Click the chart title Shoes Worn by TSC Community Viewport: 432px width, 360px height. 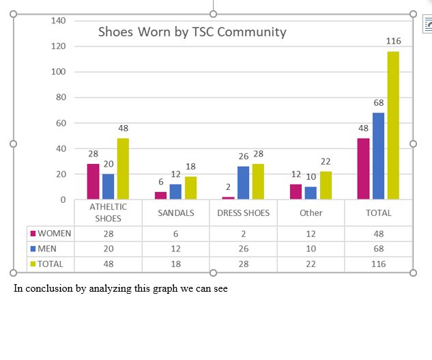click(192, 32)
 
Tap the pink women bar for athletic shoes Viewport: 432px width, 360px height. click(93, 181)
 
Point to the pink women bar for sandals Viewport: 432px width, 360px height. click(160, 195)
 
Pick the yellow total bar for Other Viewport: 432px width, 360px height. click(326, 185)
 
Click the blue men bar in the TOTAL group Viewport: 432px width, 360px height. click(378, 156)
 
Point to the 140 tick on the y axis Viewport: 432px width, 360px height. click(59, 20)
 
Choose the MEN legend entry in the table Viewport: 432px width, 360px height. click(47, 248)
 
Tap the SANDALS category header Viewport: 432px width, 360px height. click(175, 213)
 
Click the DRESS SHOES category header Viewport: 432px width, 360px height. click(243, 213)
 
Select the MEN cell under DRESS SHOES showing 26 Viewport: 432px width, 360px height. click(243, 248)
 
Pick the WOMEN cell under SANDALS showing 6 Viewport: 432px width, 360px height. click(175, 233)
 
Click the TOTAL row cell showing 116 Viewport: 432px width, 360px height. click(378, 264)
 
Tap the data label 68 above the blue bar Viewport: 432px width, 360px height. click(378, 102)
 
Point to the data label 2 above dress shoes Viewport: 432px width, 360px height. click(229, 186)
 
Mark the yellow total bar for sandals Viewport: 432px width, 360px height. click(190, 188)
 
